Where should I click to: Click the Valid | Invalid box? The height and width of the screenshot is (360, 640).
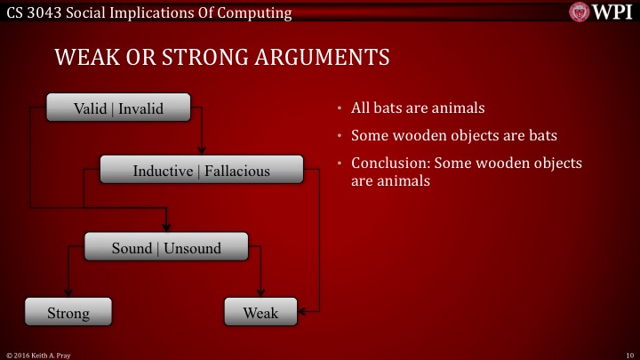[118, 108]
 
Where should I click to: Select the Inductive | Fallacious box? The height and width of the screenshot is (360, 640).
[202, 170]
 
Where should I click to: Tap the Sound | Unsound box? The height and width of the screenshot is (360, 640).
[165, 248]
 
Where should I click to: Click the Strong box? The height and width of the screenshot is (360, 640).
[68, 313]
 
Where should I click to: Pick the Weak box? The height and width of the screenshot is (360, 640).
[260, 313]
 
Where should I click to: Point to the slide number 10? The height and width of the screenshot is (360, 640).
[628, 354]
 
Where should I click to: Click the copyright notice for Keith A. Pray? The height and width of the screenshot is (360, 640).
[37, 354]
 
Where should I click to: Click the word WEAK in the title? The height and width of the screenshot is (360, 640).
[85, 58]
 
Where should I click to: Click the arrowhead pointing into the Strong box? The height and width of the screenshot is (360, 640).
[68, 294]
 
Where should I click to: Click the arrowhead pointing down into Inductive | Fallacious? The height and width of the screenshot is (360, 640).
[202, 151]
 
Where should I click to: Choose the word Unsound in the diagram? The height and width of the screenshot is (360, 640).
[192, 248]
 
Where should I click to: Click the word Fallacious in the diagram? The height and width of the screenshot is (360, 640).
[237, 170]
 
